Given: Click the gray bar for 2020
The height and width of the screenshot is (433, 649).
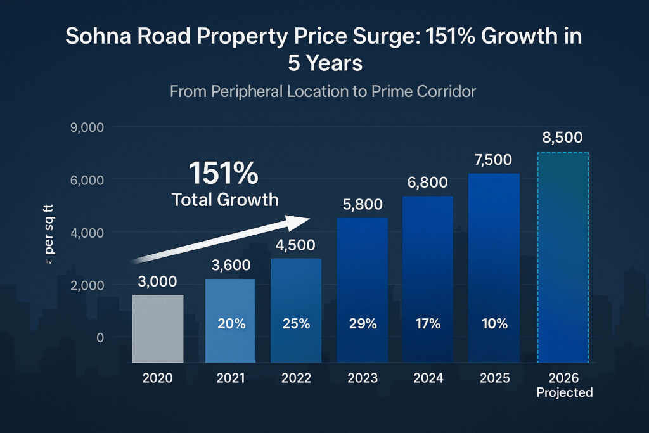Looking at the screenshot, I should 157,328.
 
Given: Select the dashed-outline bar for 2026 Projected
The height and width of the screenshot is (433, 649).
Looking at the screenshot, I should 563,257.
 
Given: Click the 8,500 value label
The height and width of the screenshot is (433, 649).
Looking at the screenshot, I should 563,138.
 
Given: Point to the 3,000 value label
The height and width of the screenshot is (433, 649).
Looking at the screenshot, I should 157,281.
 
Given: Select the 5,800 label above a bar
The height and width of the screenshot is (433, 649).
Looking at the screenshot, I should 362,205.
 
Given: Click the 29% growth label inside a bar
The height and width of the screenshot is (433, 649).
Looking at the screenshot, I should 362,324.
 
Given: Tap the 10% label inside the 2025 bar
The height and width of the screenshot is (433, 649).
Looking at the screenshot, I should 494,324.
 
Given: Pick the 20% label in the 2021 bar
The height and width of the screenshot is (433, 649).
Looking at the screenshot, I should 231,324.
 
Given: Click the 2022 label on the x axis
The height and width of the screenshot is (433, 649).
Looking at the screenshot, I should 296,378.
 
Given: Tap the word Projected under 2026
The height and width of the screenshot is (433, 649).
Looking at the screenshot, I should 564,392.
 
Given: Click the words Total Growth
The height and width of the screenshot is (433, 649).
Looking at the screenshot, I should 225,200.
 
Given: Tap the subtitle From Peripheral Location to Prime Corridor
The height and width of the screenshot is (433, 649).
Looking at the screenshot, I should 323,91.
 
